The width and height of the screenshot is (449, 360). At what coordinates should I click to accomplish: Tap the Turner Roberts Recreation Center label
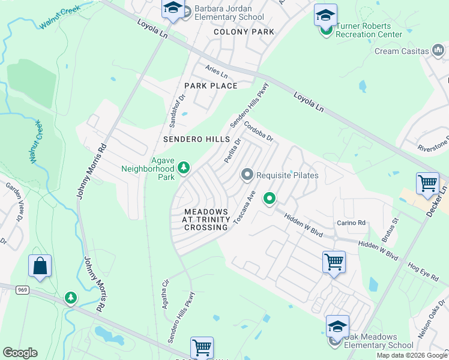(x=369, y=30)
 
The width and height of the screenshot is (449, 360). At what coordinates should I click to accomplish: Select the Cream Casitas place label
(x=403, y=51)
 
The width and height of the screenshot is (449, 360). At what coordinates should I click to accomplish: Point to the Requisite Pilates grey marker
(x=247, y=175)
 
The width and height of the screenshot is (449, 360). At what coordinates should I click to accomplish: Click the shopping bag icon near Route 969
(x=40, y=266)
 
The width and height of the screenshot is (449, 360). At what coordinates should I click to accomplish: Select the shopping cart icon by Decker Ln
(x=427, y=184)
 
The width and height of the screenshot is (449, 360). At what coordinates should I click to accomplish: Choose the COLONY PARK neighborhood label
(x=244, y=32)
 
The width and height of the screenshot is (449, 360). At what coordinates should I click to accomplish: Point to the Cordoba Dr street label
(x=259, y=132)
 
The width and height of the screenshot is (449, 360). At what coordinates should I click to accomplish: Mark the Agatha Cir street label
(x=167, y=292)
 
